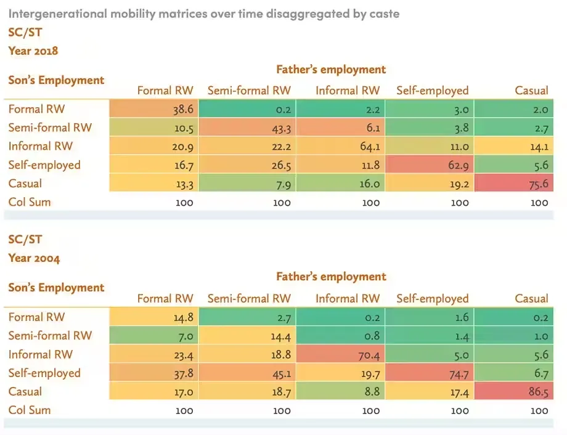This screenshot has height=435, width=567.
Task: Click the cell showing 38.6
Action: click(x=155, y=109)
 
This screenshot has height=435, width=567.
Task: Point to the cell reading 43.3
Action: click(x=250, y=128)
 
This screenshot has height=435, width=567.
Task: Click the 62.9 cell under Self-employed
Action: click(x=429, y=165)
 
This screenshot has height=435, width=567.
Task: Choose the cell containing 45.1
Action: click(x=250, y=373)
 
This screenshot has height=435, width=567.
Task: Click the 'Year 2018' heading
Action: click(x=33, y=51)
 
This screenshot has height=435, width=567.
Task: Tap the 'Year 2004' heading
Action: click(x=34, y=258)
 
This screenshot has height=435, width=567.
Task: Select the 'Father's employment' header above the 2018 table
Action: click(x=331, y=69)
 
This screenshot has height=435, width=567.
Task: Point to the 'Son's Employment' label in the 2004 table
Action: click(x=56, y=288)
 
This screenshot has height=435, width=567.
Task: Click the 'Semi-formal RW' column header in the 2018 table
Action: click(x=249, y=91)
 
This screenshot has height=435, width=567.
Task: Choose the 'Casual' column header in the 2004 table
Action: click(x=531, y=299)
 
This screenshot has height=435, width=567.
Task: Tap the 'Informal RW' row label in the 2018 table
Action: click(x=41, y=146)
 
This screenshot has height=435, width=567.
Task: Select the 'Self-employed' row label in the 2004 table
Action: click(x=44, y=373)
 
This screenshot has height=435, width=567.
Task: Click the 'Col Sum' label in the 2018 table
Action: click(x=30, y=201)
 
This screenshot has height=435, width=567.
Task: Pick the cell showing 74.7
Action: click(x=429, y=373)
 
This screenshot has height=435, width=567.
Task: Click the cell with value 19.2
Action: click(x=429, y=183)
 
